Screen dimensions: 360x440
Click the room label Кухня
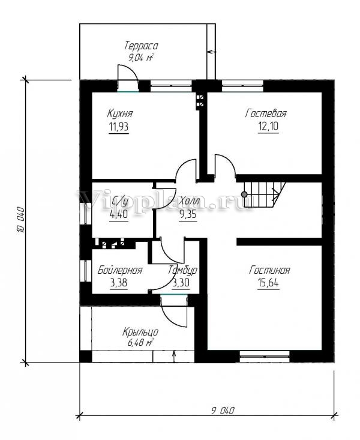[x=120, y=113]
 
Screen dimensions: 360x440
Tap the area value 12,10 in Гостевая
[x=268, y=126]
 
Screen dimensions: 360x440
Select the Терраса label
[x=141, y=46]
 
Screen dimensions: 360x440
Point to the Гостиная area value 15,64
[x=268, y=283]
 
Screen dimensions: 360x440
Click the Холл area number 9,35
[x=188, y=215]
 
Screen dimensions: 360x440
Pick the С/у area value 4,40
[x=119, y=215]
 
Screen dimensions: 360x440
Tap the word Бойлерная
[x=120, y=270]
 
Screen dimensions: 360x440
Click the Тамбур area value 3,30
[x=181, y=283]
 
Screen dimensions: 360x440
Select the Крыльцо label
[x=140, y=332]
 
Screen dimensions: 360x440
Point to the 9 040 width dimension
[x=223, y=411]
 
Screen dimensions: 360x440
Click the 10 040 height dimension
[x=21, y=220]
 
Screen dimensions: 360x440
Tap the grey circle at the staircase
[x=244, y=194]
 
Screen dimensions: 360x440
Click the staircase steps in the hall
[x=265, y=194]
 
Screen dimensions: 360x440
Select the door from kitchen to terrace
[x=128, y=78]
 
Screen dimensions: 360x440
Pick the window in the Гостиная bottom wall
[x=265, y=357]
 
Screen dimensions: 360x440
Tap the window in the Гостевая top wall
[x=243, y=86]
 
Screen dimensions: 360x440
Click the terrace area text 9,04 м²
[x=140, y=58]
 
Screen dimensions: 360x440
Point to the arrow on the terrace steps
[x=212, y=52]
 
